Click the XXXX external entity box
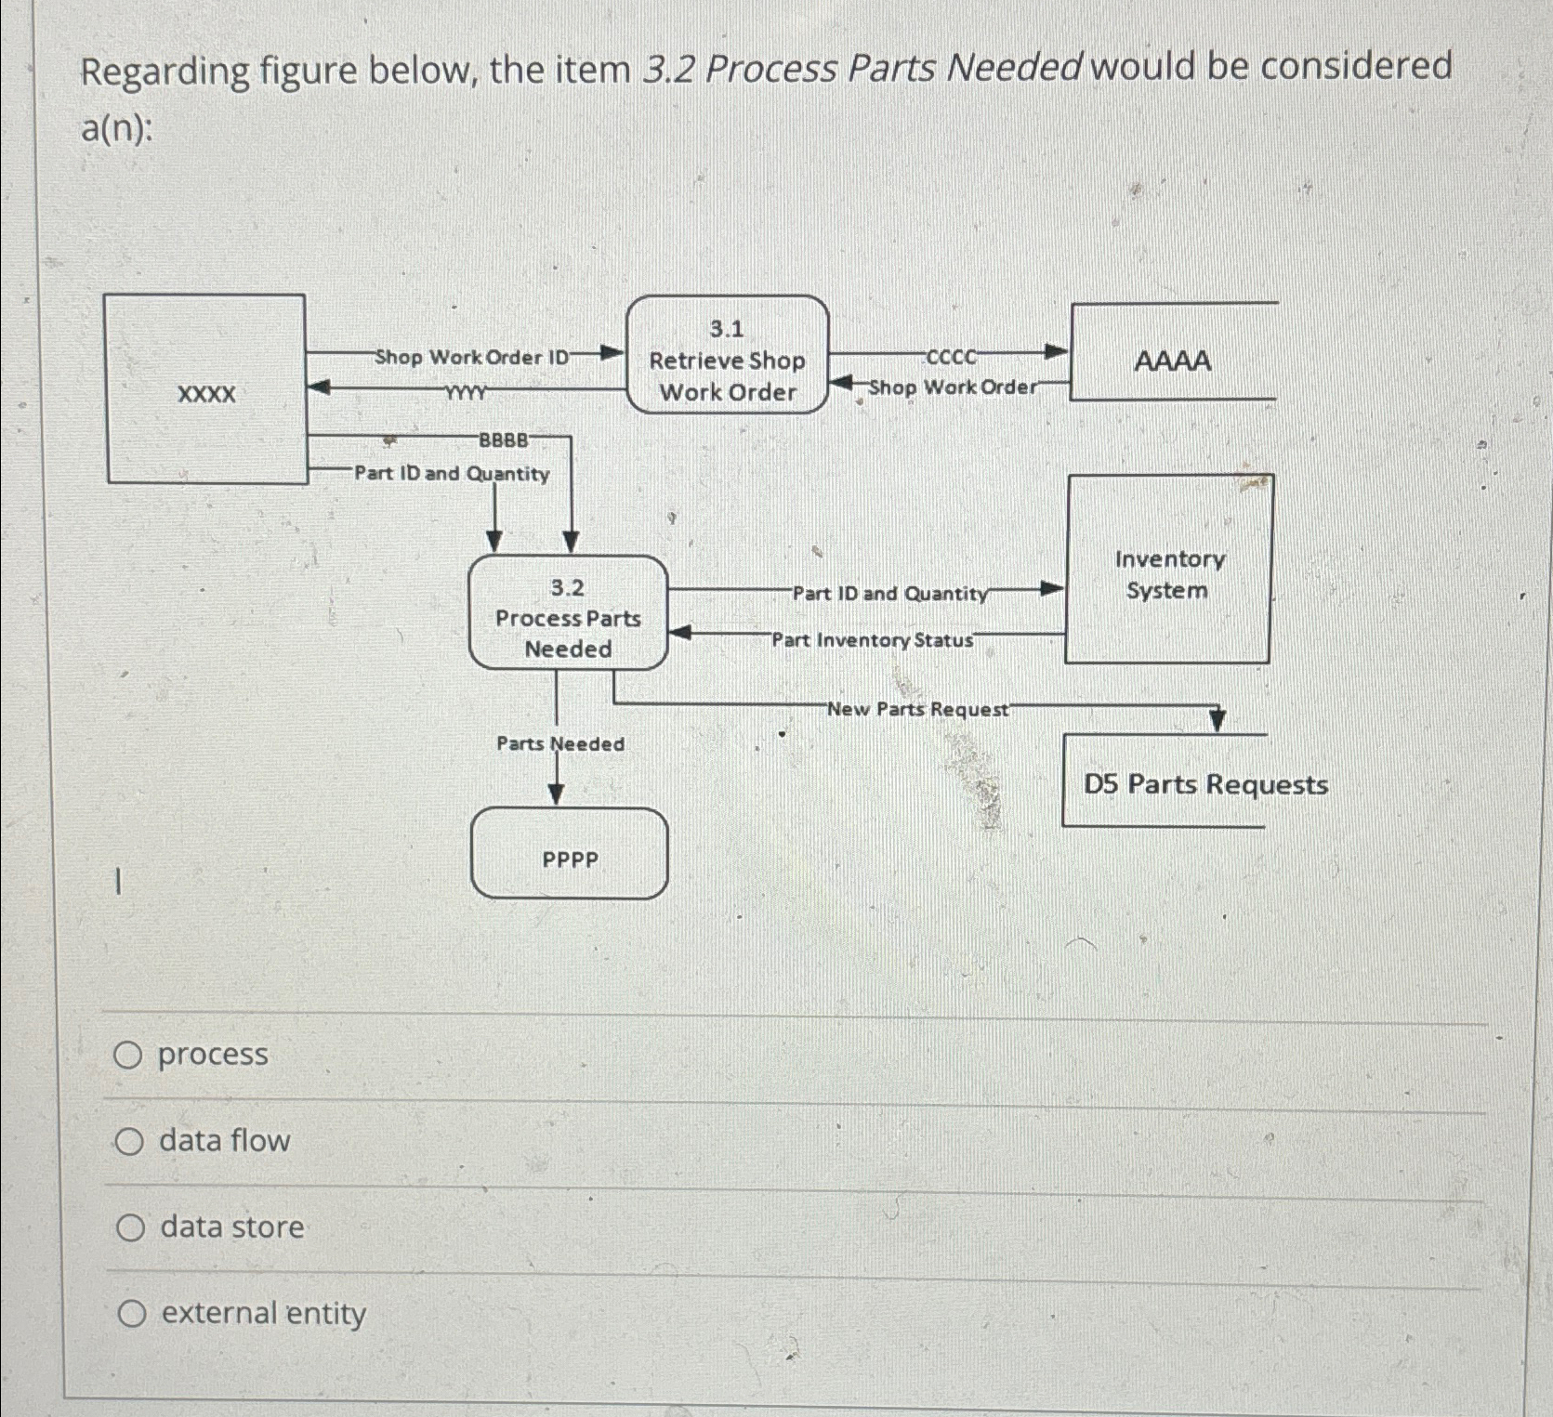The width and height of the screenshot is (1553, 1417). click(206, 390)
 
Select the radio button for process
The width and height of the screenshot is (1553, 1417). click(128, 1056)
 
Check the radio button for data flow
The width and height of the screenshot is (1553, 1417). click(129, 1142)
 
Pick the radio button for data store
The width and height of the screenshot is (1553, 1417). click(130, 1228)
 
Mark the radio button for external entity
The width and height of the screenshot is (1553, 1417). click(132, 1314)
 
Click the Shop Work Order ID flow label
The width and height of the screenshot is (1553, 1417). click(471, 358)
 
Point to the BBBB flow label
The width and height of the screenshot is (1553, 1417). click(504, 440)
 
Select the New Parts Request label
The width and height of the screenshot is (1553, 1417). click(917, 710)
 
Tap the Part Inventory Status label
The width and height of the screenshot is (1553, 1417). click(872, 640)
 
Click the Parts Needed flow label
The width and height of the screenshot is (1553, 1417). click(560, 743)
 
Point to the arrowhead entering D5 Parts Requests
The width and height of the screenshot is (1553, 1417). click(1217, 720)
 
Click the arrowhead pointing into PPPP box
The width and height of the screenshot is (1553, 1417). click(556, 794)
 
